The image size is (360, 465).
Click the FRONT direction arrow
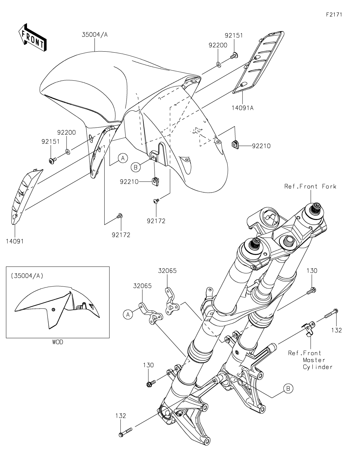(x=32, y=37)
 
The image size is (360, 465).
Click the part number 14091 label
(x=14, y=241)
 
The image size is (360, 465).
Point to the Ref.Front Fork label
(x=310, y=186)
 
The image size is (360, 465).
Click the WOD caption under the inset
(x=57, y=342)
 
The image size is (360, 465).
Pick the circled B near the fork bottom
(x=288, y=388)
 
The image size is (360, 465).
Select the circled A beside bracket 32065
(x=127, y=314)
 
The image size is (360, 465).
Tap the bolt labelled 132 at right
(x=331, y=313)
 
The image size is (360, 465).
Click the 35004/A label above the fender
(x=94, y=34)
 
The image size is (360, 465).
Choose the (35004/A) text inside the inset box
(x=27, y=276)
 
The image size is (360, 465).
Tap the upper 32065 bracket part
(x=171, y=297)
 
